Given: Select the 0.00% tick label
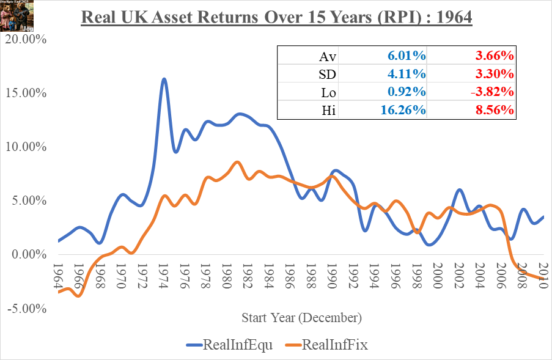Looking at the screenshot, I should [27, 254].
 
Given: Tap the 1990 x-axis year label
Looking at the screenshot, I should [333, 277].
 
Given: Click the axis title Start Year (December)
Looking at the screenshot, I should [301, 318].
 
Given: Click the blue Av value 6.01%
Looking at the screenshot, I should [406, 56].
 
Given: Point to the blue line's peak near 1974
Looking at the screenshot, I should [164, 79].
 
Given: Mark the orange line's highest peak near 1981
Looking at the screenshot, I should [237, 162].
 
